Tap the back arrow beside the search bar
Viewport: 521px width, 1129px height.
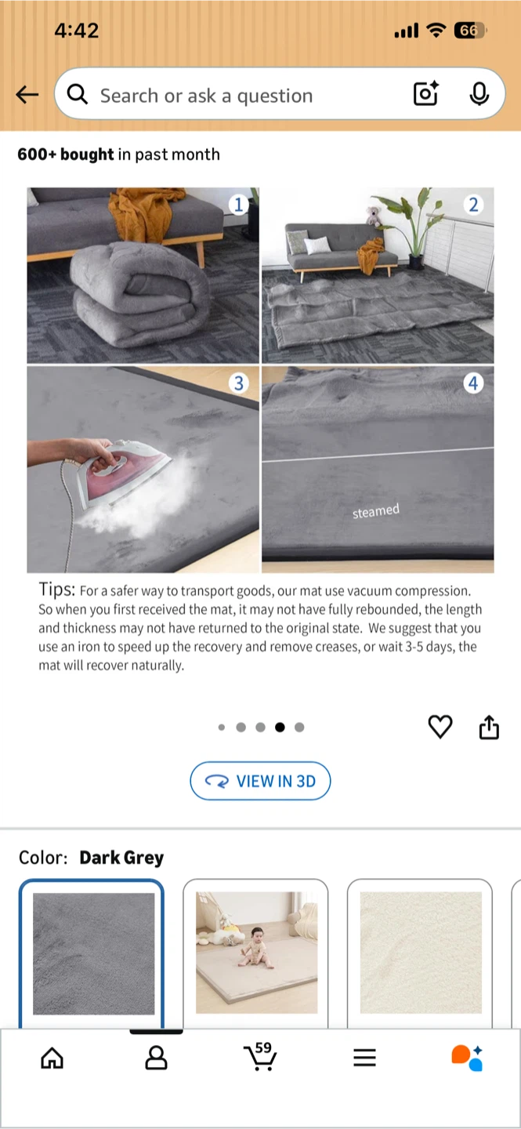[x=27, y=94]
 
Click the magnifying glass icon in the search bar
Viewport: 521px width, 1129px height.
[x=78, y=94]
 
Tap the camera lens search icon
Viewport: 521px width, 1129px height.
[x=425, y=93]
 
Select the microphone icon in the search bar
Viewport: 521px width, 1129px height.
[x=479, y=94]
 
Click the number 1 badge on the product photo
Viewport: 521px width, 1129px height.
[x=238, y=205]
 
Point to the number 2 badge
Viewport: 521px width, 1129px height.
[x=473, y=205]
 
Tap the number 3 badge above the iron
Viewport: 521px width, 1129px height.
[x=239, y=383]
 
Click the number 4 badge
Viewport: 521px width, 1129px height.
[x=473, y=383]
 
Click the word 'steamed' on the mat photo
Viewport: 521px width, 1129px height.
[x=376, y=511]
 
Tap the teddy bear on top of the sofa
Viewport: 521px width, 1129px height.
[x=373, y=216]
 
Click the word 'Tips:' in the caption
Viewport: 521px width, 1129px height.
[x=57, y=589]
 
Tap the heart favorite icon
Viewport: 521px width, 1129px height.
[x=440, y=727]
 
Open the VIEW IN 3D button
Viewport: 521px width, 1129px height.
[x=260, y=781]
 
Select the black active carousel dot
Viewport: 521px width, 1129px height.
[x=280, y=728]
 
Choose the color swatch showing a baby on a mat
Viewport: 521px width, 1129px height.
[x=256, y=952]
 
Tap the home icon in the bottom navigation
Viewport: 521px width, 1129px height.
[x=52, y=1058]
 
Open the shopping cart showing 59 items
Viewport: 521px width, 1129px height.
[x=260, y=1056]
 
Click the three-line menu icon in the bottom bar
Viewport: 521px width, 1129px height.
[x=365, y=1058]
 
